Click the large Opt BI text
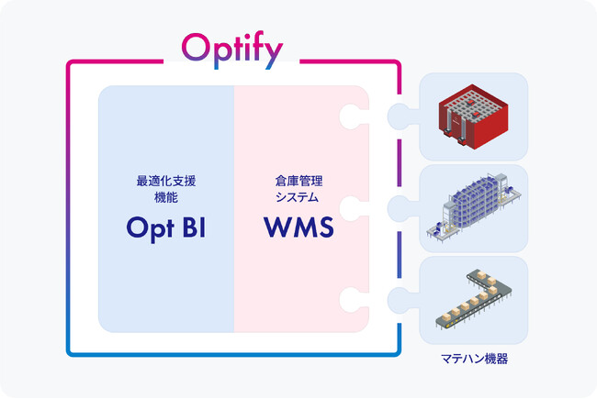(x=166, y=228)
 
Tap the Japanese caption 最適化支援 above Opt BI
(x=166, y=182)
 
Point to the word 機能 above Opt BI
(x=166, y=197)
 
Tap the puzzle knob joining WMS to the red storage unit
(x=351, y=116)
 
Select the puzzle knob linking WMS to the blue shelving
(x=351, y=208)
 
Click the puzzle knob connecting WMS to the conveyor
(x=351, y=299)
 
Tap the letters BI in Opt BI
(x=194, y=228)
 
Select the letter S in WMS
(x=323, y=228)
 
